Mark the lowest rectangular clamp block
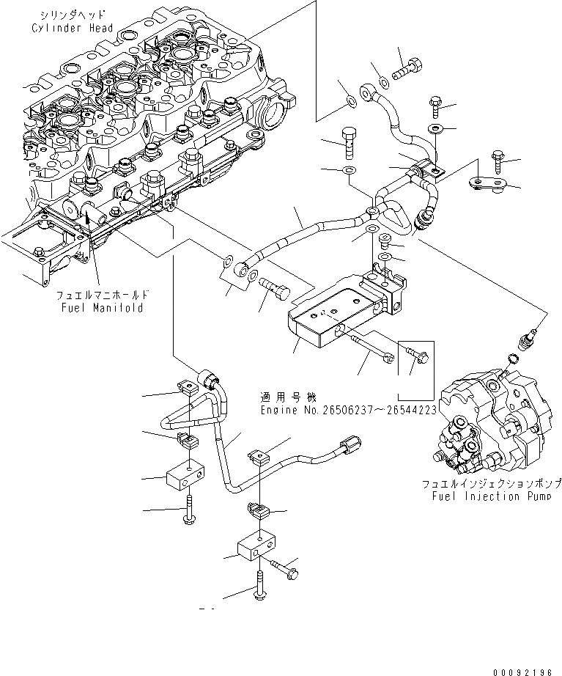256,546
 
